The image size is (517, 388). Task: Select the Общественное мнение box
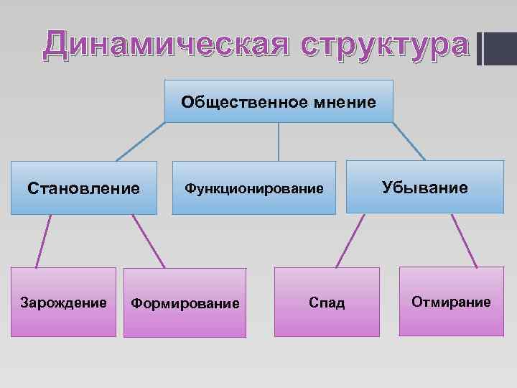click(x=279, y=101)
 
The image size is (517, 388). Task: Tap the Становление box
click(x=84, y=188)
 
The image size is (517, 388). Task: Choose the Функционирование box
click(x=254, y=188)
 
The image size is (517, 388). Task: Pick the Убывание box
click(x=425, y=188)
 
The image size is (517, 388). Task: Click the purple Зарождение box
click(x=64, y=302)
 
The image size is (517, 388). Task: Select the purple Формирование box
click(x=185, y=303)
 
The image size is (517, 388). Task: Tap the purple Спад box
click(x=327, y=302)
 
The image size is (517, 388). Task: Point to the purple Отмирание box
click(x=451, y=301)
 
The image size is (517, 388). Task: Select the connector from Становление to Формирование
click(x=149, y=241)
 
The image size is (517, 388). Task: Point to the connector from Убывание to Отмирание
click(x=463, y=241)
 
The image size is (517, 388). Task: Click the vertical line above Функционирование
click(x=279, y=142)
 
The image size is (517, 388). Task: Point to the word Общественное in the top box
click(x=245, y=101)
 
